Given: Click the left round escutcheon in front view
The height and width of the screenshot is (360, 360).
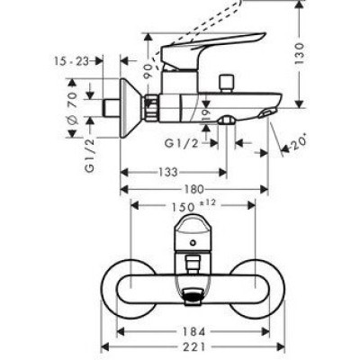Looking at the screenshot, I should (126, 288).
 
